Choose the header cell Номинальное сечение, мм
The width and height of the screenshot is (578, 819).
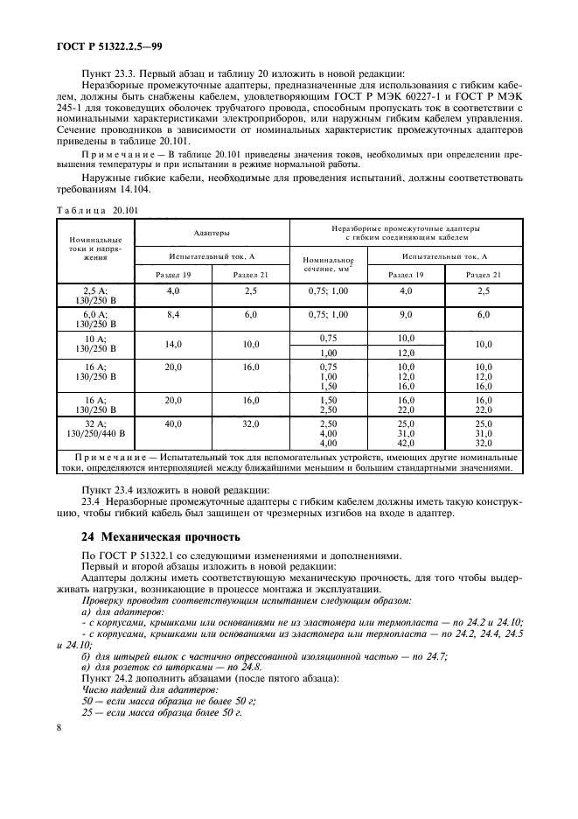tap(329, 264)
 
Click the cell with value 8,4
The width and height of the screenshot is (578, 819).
tap(172, 313)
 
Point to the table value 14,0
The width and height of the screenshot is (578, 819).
tap(172, 345)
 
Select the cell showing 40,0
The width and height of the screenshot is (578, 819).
tap(172, 423)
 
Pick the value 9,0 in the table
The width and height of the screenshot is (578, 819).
tap(406, 313)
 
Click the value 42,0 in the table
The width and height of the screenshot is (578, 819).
tap(406, 443)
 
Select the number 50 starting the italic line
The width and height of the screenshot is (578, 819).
tap(87, 701)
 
